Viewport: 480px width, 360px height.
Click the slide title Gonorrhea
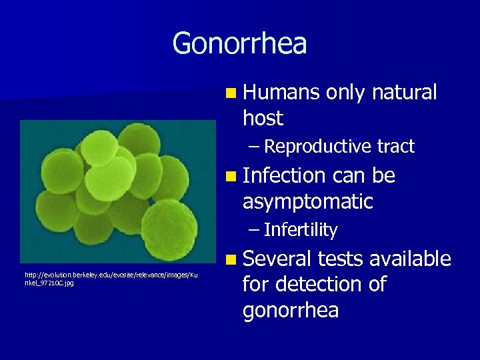[239, 44]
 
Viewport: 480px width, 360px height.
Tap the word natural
[405, 93]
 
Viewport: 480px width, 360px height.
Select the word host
[263, 119]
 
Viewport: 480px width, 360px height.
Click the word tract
[396, 147]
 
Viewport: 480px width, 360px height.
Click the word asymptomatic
[307, 201]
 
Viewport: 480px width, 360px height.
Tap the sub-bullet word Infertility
[301, 231]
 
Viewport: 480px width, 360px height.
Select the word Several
[277, 259]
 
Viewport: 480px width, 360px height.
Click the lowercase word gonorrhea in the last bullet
[291, 311]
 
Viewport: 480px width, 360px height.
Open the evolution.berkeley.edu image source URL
[110, 279]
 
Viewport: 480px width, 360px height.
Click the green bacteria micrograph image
[109, 191]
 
